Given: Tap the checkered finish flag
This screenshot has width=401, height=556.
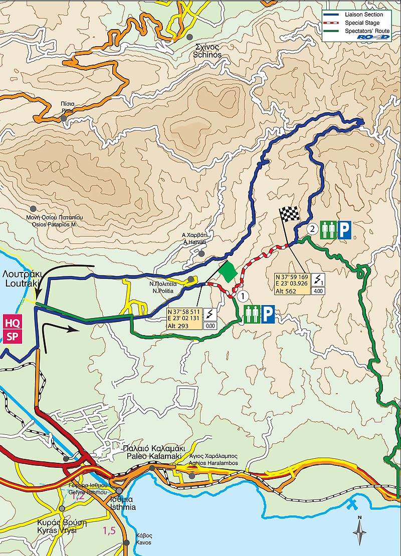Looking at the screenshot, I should coord(289,214).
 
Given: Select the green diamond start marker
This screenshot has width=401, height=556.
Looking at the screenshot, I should coord(228,271).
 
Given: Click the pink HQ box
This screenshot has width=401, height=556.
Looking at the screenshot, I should coord(12,322).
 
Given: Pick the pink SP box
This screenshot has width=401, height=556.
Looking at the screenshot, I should coord(12,336).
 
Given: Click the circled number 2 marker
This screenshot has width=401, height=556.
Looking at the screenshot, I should coord(312,230).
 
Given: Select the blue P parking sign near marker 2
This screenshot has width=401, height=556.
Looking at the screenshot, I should coord(344,230).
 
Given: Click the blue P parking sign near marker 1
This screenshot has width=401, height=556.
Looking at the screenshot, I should coord(268,315).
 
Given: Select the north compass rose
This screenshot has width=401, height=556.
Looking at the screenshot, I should coord(359,531).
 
